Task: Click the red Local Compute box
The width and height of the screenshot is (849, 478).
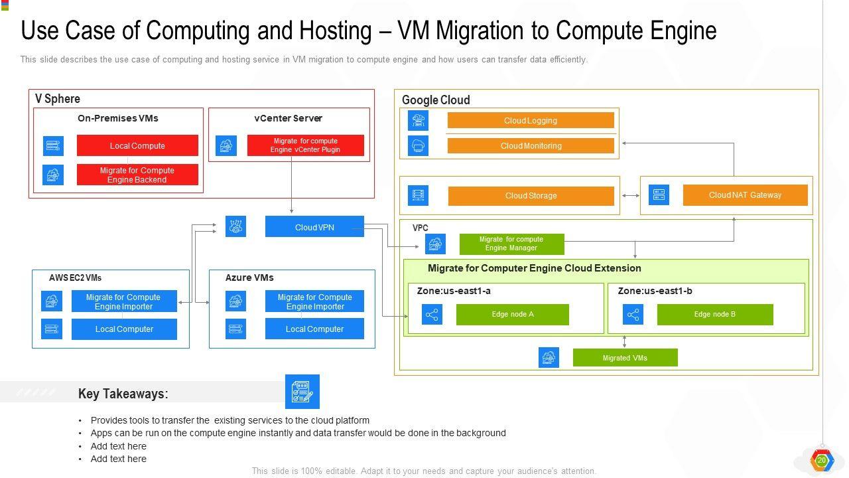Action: [x=137, y=145]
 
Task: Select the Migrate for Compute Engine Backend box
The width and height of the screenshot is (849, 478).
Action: [x=137, y=175]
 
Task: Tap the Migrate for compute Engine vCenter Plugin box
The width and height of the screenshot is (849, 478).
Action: [x=305, y=145]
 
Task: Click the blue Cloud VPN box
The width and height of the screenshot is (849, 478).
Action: [x=314, y=227]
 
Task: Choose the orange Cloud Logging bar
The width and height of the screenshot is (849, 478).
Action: [x=531, y=120]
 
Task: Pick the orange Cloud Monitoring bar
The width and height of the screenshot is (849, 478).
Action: [x=531, y=145]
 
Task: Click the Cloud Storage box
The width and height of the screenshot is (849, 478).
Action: [x=531, y=196]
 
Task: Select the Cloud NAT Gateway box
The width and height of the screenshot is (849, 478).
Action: [x=745, y=195]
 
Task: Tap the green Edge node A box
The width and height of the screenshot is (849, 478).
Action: [x=512, y=314]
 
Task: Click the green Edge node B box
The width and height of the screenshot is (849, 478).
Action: [x=714, y=314]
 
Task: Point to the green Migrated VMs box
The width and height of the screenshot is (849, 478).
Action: [x=625, y=358]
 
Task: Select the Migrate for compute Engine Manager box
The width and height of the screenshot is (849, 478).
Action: [x=511, y=244]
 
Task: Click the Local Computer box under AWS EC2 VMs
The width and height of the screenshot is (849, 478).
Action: [x=124, y=329]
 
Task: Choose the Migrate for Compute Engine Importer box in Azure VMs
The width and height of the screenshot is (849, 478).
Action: [x=314, y=301]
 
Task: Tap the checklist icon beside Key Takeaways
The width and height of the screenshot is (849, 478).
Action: [x=302, y=392]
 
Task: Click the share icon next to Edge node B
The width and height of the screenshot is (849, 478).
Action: [x=633, y=315]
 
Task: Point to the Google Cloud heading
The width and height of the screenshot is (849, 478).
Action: [x=436, y=100]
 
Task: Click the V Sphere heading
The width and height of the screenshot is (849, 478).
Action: [x=58, y=99]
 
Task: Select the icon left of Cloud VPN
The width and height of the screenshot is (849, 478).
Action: [x=235, y=226]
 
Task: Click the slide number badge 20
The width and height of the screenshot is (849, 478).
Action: [x=821, y=460]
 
